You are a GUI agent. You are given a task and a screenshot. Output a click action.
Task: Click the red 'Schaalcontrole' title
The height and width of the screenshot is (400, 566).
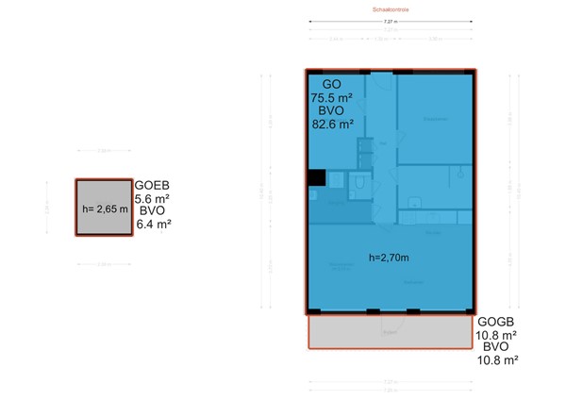[x=390, y=10]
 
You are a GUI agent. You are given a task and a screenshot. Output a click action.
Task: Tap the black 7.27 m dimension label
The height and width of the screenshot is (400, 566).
[x=390, y=22]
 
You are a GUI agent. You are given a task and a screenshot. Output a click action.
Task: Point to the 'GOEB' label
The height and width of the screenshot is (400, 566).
[x=152, y=185]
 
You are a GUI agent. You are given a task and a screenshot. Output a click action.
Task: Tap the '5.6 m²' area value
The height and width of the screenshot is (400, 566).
[x=152, y=198]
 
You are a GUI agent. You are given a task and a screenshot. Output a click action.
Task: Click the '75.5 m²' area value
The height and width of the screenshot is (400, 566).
[x=331, y=96]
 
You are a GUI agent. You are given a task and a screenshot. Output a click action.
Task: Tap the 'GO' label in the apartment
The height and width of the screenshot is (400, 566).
[x=331, y=83]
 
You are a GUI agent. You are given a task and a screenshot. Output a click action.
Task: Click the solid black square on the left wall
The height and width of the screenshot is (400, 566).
[x=316, y=177]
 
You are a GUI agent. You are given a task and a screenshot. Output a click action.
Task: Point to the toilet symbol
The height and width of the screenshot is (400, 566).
[x=358, y=186]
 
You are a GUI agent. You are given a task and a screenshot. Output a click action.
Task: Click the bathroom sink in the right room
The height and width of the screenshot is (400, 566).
[x=458, y=172]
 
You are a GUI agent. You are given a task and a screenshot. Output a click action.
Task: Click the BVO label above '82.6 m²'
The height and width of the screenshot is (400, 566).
[x=331, y=109]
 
